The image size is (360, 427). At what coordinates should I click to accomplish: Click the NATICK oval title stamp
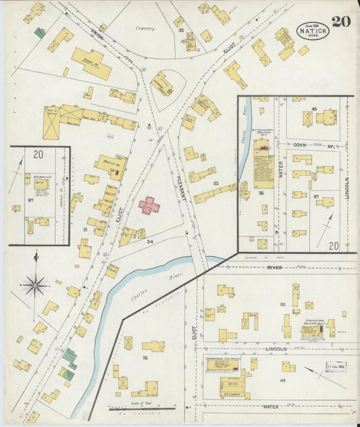pyautogui.click(x=313, y=30)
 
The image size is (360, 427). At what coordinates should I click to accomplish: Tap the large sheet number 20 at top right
pyautogui.click(x=341, y=21)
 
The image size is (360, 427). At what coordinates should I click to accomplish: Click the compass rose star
pyautogui.click(x=34, y=284)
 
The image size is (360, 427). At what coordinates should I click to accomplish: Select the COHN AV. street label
pyautogui.click(x=310, y=145)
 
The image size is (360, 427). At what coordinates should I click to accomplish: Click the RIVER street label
pyautogui.click(x=274, y=267)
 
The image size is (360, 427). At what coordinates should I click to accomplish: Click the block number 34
pyautogui.click(x=150, y=241)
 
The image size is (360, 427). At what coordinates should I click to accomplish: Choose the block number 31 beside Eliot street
pyautogui.click(x=85, y=230)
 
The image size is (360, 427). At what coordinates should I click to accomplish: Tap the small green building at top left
pyautogui.click(x=40, y=32)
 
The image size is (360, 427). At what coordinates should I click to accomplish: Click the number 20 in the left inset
pyautogui.click(x=38, y=155)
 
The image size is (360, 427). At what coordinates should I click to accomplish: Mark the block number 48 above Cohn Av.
pyautogui.click(x=314, y=109)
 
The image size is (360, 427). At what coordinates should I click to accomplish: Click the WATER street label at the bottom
pyautogui.click(x=272, y=407)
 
